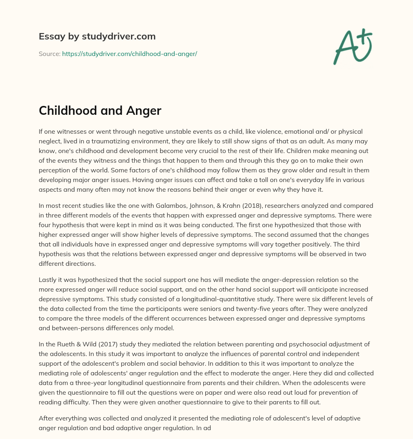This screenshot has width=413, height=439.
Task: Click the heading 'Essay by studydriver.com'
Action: tap(97, 37)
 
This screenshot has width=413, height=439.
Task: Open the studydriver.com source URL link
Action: tap(129, 54)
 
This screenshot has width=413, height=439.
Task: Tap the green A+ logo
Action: tap(352, 47)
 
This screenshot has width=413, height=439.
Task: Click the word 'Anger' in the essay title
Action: tap(143, 110)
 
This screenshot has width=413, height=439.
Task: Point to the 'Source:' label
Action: tap(49, 54)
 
